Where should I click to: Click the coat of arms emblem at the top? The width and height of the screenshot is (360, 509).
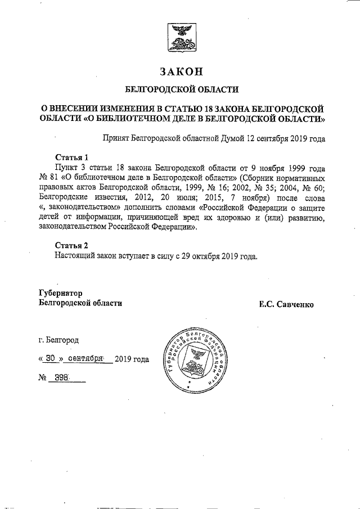pos(180,37)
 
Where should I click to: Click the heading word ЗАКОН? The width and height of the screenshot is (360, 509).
pos(181,71)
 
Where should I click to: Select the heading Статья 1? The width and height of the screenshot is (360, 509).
pos(71,156)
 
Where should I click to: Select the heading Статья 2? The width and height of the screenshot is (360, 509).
pos(71,245)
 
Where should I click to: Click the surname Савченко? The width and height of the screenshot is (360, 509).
pos(295,304)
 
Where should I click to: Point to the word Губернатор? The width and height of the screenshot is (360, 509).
pos(61,293)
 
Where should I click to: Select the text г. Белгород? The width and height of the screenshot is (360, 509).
pos(59,340)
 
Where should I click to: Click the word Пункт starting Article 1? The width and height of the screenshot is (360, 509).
pos(66,167)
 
